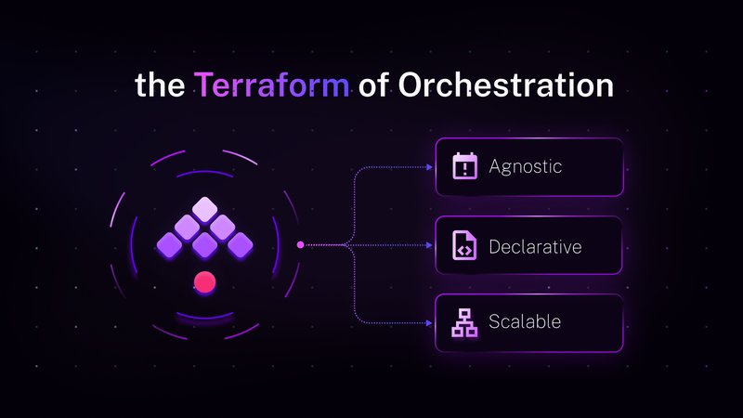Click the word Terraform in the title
coord(272,85)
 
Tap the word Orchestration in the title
coord(505,85)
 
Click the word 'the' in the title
coord(160,85)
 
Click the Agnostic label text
coord(526,167)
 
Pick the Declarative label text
coord(535,246)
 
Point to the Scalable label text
coord(525,322)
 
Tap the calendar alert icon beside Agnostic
coord(464,167)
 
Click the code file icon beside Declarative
coord(464,246)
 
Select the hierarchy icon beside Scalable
coord(464,322)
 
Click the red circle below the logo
coord(203,282)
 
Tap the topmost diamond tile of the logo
coord(203,209)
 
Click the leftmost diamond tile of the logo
coord(169,244)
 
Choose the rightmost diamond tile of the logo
coord(239,244)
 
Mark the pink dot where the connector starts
coord(300,245)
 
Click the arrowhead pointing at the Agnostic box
coord(430,168)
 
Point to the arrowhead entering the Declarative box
coord(430,245)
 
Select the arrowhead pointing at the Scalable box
coord(430,322)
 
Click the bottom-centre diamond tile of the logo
coord(203,245)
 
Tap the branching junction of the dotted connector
coord(348,245)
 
